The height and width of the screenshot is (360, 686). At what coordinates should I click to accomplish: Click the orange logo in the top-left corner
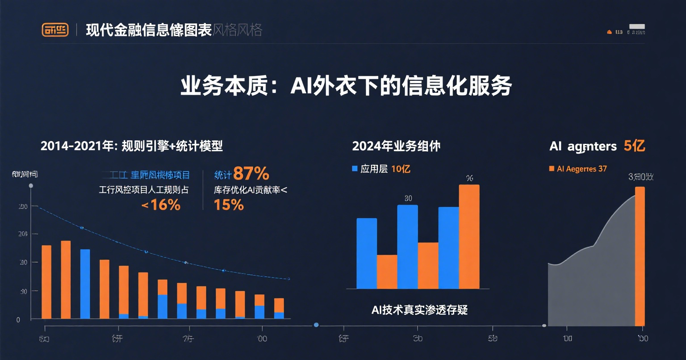55,29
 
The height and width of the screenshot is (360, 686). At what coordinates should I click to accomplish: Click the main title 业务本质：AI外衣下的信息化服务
346,86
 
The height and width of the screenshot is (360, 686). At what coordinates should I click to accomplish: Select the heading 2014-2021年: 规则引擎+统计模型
131,146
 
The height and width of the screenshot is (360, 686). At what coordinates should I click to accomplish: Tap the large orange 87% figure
251,173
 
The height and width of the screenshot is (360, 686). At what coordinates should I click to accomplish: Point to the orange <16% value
161,205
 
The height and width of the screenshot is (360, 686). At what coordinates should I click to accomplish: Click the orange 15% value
229,205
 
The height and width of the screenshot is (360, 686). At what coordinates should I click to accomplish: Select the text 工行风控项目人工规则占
143,189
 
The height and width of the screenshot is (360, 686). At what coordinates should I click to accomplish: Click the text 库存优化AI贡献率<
251,189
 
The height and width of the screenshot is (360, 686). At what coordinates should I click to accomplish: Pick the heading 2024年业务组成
396,146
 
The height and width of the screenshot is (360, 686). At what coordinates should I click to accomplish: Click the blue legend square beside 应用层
355,169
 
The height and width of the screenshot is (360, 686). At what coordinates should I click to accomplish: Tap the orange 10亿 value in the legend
401,169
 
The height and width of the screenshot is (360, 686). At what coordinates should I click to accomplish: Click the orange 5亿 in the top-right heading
634,146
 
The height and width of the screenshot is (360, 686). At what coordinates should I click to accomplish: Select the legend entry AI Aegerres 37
578,169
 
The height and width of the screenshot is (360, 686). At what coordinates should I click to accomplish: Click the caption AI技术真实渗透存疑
419,310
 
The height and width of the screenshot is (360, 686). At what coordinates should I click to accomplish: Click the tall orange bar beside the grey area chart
640,256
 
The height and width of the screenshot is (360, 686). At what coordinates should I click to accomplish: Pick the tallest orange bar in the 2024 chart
469,237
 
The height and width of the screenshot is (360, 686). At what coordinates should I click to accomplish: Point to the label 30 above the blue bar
408,198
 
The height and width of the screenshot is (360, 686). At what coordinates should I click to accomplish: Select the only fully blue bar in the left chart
85,284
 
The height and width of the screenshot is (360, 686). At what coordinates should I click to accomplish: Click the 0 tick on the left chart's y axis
18,320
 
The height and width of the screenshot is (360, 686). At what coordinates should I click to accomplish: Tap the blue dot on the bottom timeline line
316,325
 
